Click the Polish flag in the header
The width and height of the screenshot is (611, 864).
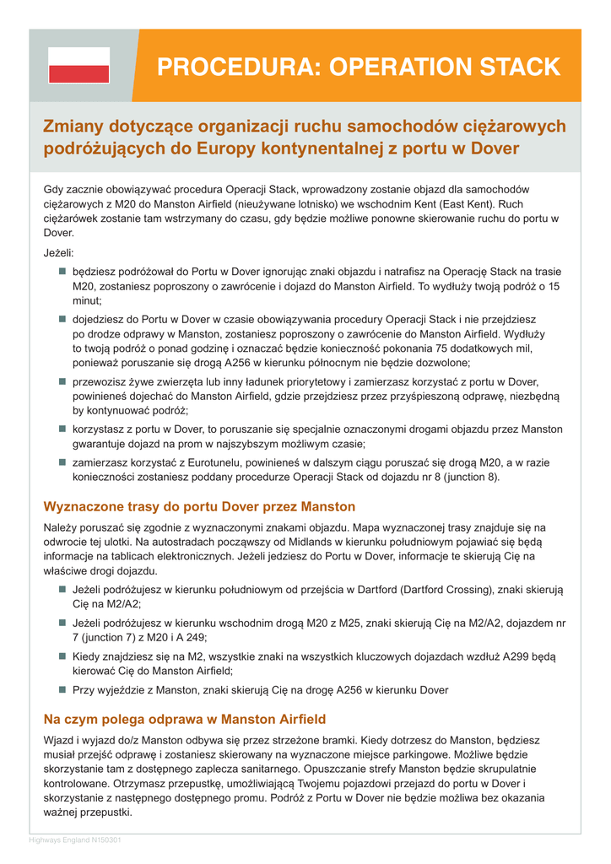[x=78, y=65]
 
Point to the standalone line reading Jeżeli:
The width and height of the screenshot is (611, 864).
[x=58, y=252]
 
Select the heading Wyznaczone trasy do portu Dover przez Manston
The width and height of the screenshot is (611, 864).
[x=199, y=507]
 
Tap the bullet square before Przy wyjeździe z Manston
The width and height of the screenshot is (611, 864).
[x=62, y=689]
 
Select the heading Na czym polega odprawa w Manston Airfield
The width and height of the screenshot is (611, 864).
[x=184, y=720]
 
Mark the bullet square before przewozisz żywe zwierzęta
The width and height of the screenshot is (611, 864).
[x=62, y=381]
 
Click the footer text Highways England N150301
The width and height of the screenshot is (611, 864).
[x=75, y=840]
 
